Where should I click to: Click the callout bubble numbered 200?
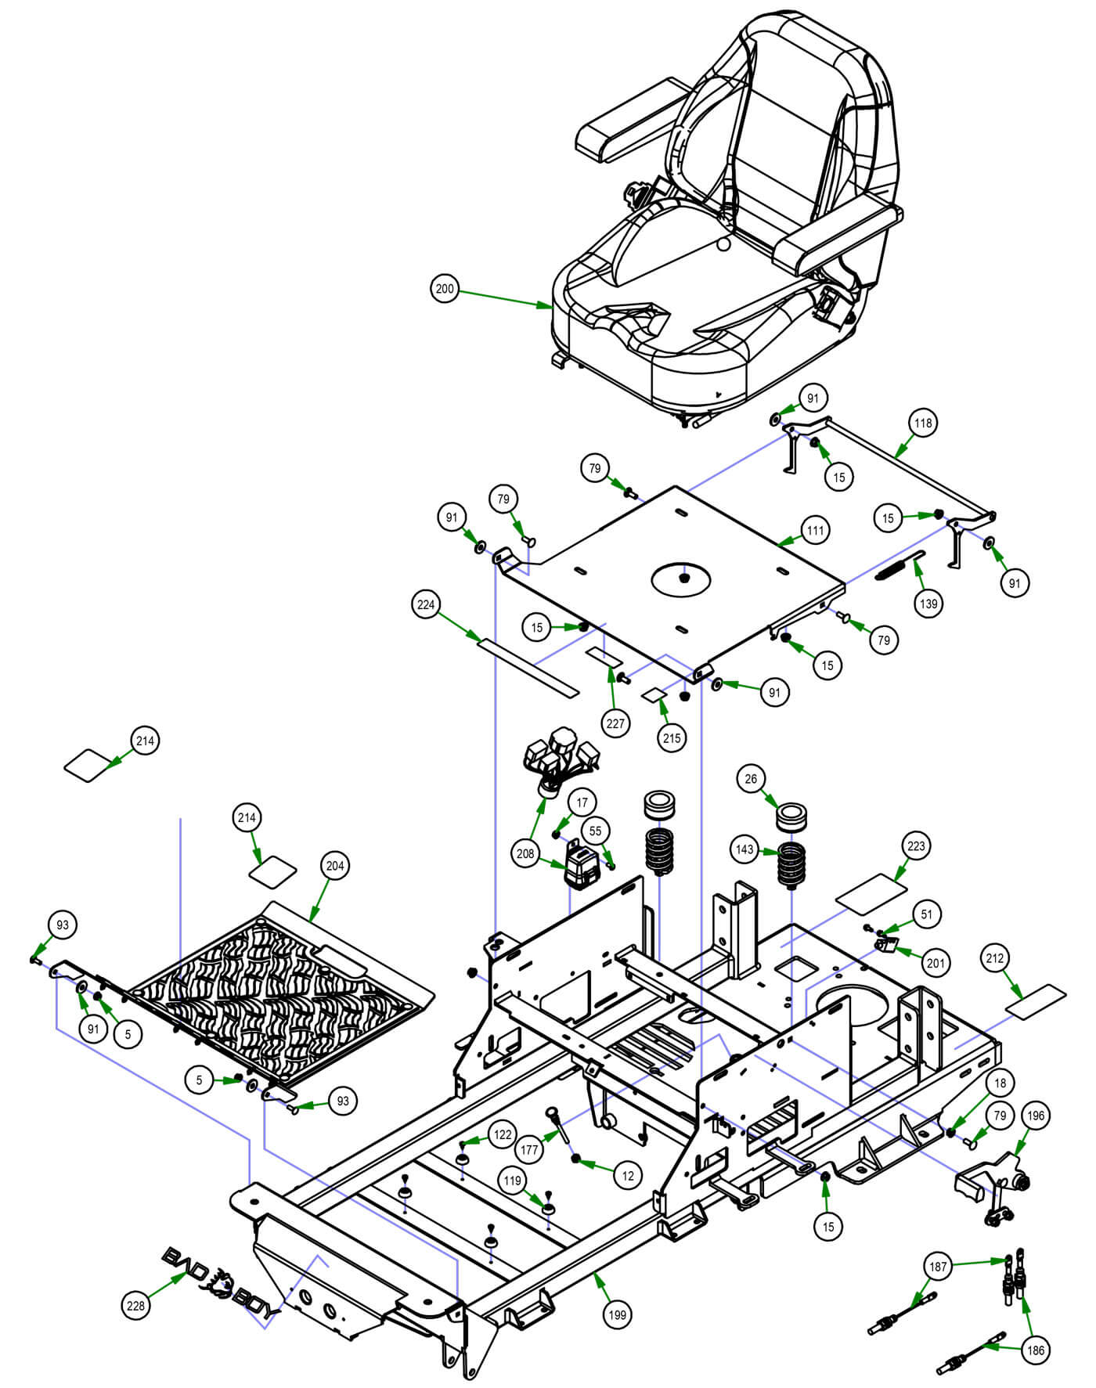445,289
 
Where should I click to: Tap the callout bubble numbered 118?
924,423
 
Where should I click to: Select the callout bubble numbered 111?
816,530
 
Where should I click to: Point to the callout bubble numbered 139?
928,604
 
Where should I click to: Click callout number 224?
426,604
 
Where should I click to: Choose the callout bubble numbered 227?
615,723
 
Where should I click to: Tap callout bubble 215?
672,737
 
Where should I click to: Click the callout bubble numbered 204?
335,866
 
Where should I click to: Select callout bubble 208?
525,853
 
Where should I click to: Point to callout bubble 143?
744,849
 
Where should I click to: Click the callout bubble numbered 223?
917,845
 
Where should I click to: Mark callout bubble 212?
995,957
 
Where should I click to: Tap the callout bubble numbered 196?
1036,1116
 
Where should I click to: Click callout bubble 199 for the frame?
618,1314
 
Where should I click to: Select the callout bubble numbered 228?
136,1306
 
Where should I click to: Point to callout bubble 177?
530,1150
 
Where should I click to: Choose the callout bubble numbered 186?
1036,1350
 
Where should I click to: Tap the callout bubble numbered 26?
752,779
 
